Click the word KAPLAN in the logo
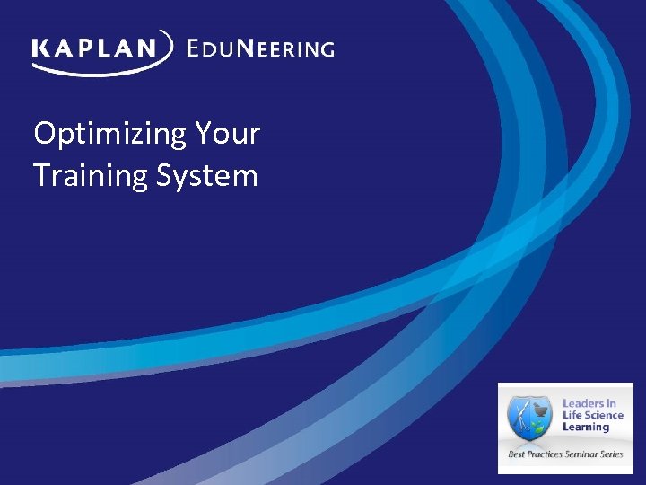click(95, 48)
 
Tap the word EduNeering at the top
click(259, 48)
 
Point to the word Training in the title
click(90, 175)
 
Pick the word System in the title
click(206, 175)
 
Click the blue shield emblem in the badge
click(529, 419)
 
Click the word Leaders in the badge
click(583, 404)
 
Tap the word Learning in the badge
click(586, 428)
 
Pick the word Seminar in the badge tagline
click(581, 454)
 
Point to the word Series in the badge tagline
click(612, 454)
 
